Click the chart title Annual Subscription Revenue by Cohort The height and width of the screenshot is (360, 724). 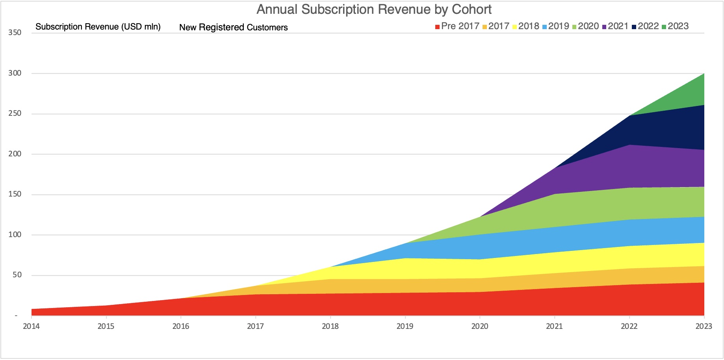click(374, 9)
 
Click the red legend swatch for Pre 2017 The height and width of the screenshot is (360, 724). click(437, 27)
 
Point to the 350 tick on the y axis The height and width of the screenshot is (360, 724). click(15, 33)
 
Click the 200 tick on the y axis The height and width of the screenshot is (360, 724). click(15, 154)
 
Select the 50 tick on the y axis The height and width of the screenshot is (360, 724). click(17, 275)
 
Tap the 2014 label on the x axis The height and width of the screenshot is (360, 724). click(31, 326)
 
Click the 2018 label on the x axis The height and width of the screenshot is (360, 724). click(330, 326)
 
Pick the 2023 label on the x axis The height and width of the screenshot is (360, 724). click(704, 326)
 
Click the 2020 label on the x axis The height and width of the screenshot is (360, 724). click(480, 326)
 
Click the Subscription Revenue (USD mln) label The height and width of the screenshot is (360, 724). click(98, 27)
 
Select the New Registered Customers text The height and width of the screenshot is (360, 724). click(233, 27)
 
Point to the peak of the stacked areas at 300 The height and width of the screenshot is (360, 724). click(704, 74)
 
